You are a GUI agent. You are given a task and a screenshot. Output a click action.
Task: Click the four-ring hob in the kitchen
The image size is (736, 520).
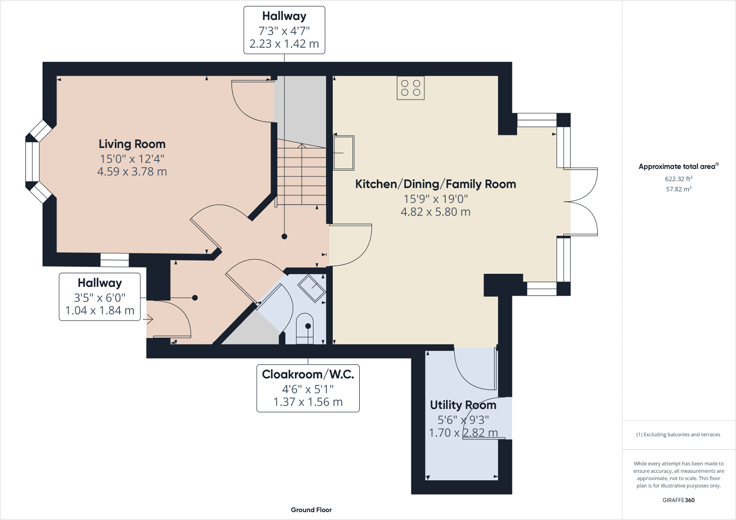(411, 88)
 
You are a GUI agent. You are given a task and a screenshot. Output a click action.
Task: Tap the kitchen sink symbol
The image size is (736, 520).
(343, 153)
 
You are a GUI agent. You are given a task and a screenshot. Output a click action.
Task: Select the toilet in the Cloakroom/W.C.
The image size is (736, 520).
(305, 328)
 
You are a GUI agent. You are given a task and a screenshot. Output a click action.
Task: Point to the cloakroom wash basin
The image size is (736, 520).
(312, 288)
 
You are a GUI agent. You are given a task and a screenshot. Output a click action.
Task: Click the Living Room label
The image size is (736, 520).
(132, 144)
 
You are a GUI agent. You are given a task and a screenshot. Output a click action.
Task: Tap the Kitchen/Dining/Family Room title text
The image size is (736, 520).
(436, 184)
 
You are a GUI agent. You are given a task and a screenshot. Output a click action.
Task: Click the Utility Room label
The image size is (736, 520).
(463, 405)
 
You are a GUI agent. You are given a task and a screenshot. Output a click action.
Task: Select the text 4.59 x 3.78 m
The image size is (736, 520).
(132, 172)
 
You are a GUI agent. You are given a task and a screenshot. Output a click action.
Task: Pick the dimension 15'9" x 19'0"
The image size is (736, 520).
(436, 199)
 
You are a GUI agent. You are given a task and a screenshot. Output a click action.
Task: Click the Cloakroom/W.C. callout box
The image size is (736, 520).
(308, 388)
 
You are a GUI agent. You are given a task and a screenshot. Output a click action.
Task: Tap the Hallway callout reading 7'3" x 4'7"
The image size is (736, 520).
(284, 30)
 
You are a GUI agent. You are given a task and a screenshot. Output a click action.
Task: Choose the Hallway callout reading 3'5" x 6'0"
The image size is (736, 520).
(100, 297)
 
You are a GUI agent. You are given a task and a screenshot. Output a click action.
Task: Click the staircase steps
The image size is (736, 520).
(301, 174)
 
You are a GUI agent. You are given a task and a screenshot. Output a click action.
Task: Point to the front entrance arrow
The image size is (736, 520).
(150, 319)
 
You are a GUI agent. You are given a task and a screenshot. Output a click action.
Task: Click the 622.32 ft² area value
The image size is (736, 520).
(679, 179)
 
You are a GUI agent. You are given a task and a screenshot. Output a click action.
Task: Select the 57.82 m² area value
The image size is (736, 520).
(679, 189)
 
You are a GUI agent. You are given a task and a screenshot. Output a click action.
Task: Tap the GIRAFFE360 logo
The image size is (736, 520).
(679, 500)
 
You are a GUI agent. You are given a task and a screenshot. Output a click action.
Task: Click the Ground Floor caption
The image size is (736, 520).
(311, 510)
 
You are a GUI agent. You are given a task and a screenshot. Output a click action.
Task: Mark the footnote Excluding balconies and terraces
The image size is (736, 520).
(678, 434)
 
